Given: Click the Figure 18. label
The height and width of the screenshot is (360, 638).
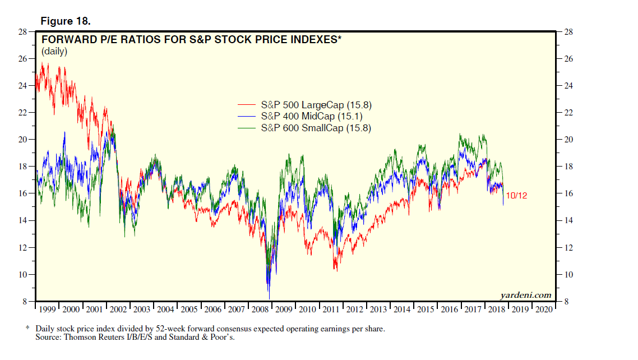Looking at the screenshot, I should coord(66,21).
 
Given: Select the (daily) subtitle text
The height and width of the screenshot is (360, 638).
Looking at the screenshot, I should coord(54,52).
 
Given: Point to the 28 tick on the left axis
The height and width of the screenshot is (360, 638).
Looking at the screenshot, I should coord(25,32).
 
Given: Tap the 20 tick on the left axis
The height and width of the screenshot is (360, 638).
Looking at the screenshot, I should coord(25,140).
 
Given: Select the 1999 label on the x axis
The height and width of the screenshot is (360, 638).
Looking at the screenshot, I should coord(48,309).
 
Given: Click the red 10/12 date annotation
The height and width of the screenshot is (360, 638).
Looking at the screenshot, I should coord(516,196).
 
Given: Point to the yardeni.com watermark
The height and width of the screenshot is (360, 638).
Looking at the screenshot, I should coord(525,296).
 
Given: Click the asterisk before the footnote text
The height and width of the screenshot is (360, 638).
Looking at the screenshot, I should coord(27,328).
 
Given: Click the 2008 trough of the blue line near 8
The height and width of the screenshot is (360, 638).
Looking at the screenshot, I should coord(270,298).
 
